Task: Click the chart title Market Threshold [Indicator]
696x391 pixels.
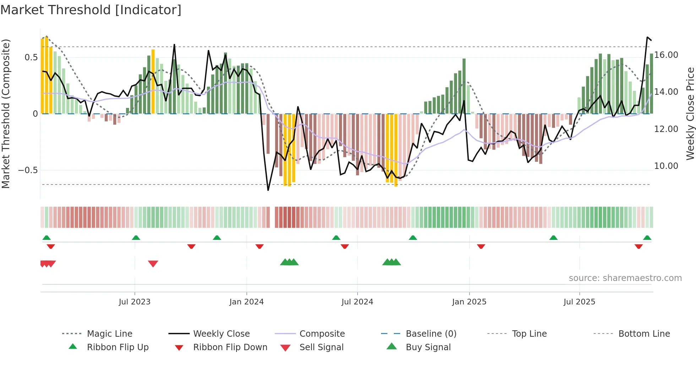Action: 91,10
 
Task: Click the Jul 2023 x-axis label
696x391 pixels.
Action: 135,302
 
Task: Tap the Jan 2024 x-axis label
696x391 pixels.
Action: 246,302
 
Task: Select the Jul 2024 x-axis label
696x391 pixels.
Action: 357,302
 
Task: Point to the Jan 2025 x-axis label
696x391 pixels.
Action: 469,302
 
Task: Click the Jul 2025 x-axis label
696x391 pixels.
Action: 579,302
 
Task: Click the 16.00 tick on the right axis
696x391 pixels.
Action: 666,55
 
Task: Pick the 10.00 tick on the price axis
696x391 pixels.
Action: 666,166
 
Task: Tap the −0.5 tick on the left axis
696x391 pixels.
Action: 28,170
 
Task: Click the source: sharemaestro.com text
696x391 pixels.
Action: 625,278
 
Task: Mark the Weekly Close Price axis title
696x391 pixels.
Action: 690,114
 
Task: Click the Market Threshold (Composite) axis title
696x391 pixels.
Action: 6,114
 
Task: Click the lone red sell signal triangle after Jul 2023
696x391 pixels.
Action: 153,264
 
